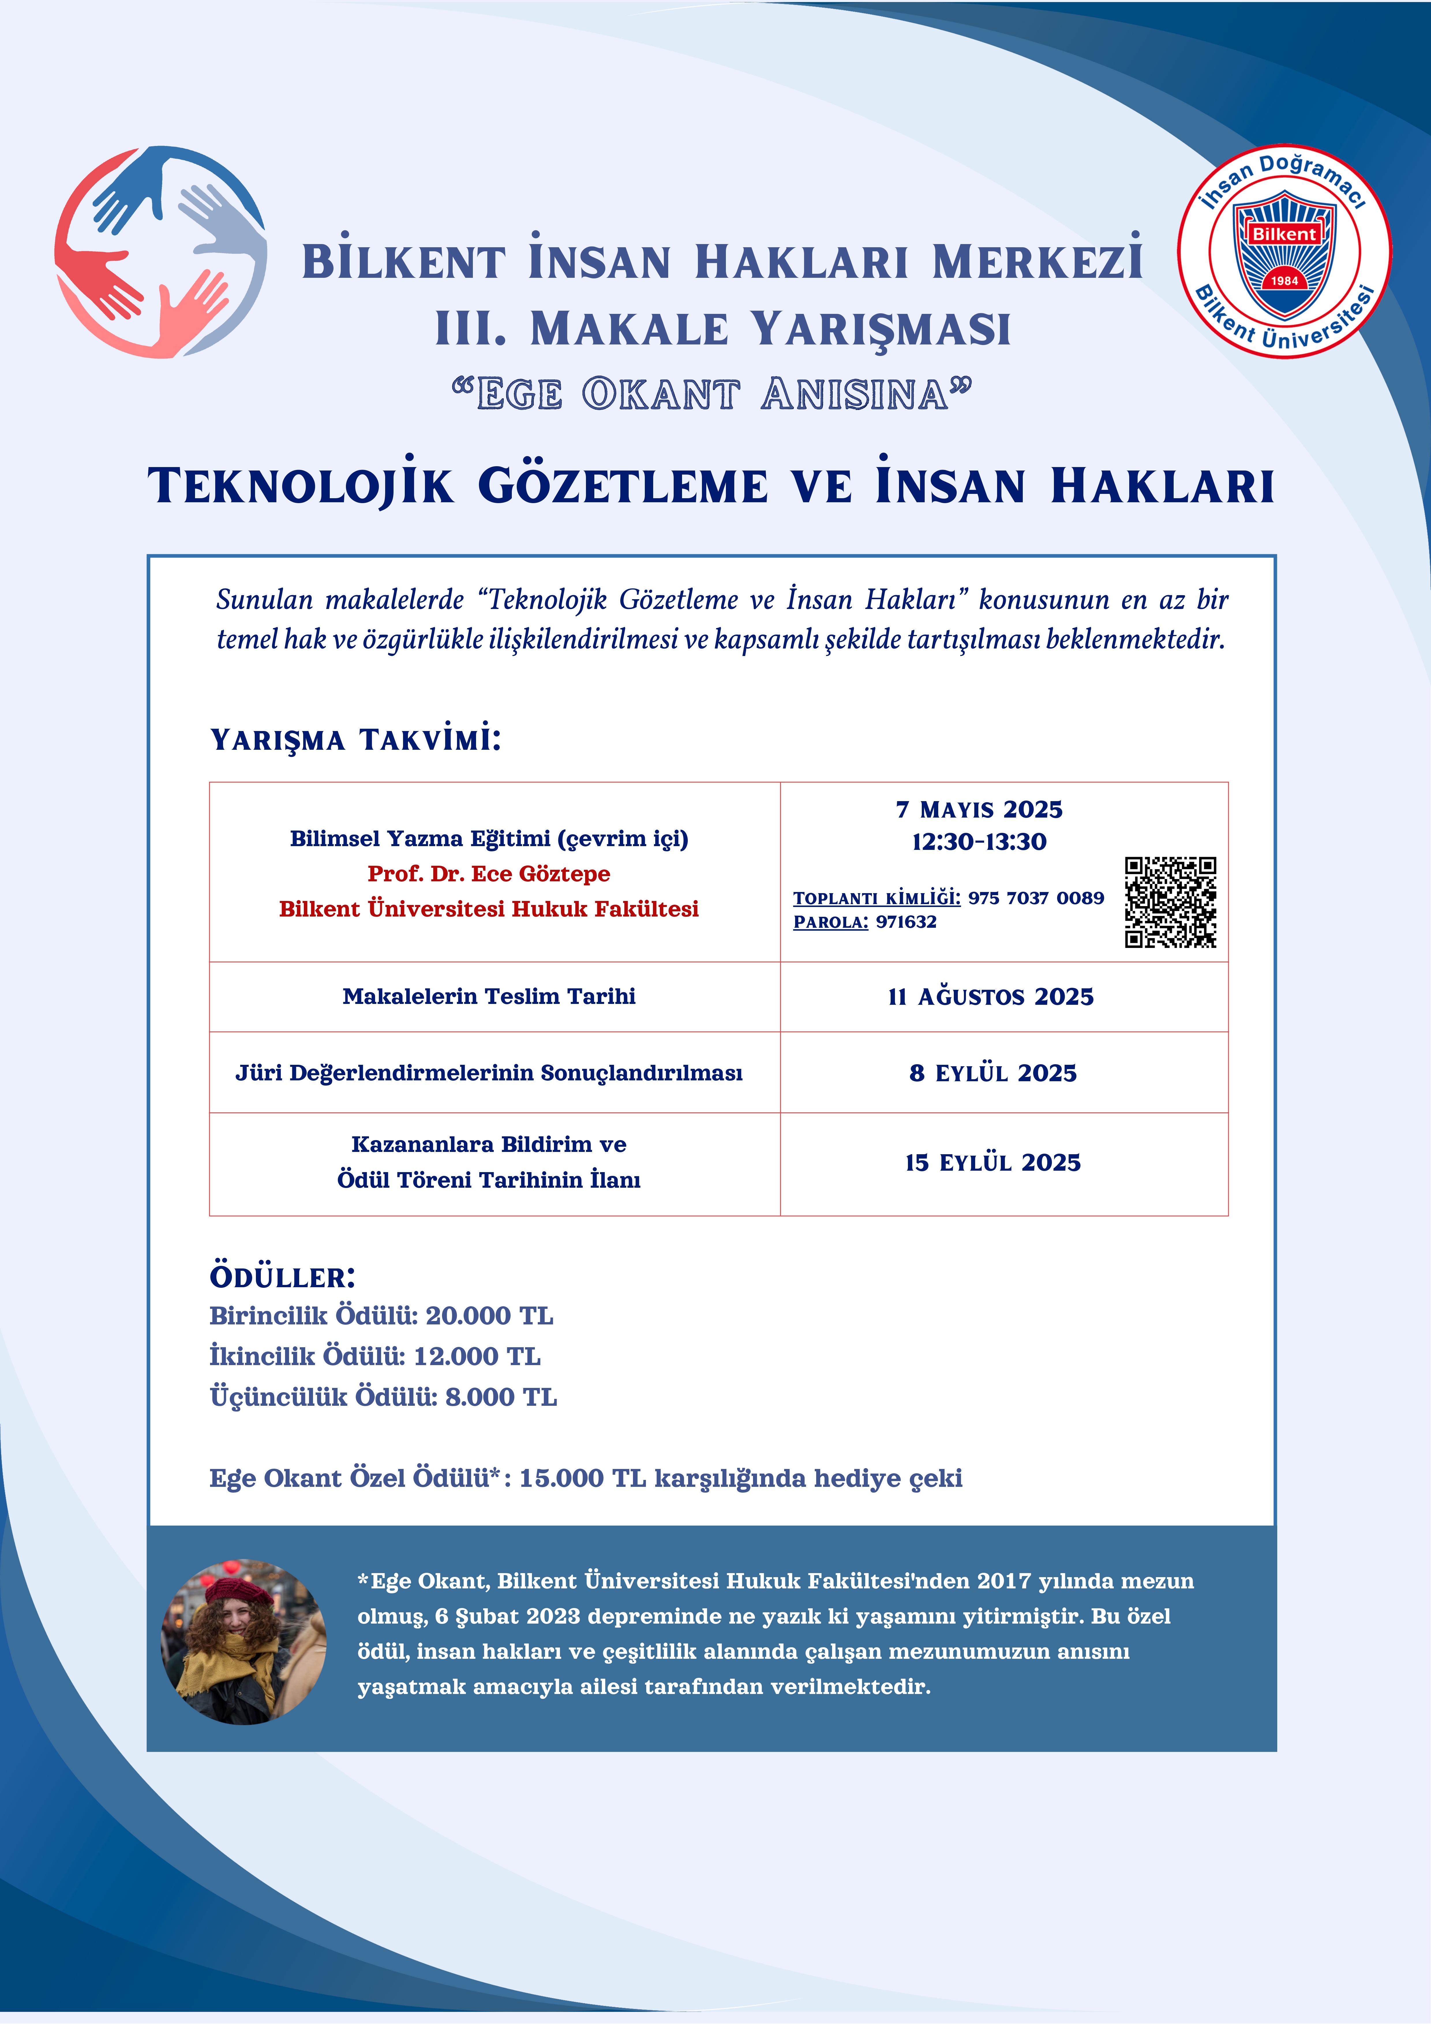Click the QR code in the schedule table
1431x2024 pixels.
(x=1170, y=902)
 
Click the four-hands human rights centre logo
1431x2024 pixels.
(x=160, y=252)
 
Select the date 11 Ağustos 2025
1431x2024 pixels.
(x=991, y=997)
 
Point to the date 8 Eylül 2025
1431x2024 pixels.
(x=993, y=1073)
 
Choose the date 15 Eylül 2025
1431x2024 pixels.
(x=993, y=1163)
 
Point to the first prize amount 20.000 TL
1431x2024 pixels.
(x=489, y=1316)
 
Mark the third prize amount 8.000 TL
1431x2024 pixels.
(x=501, y=1397)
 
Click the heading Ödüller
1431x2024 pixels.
(x=282, y=1277)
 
